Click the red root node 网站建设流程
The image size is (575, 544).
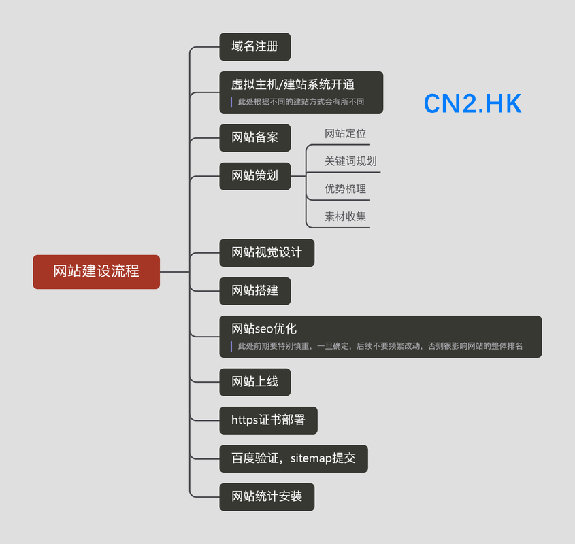97,271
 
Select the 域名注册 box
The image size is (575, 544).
255,46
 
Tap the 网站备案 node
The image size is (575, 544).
255,138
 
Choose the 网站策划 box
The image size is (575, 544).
255,176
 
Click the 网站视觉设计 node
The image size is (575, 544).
267,252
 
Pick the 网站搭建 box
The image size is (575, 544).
255,291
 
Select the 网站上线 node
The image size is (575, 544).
255,382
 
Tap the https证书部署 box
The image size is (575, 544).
268,420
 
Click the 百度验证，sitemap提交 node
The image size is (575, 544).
293,458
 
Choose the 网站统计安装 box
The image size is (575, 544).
267,497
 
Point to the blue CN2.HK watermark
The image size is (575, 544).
472,103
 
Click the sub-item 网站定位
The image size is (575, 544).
345,133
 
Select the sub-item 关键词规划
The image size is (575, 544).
350,161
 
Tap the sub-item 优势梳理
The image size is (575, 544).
345,189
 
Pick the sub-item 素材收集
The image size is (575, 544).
345,217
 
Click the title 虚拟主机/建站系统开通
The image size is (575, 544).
293,85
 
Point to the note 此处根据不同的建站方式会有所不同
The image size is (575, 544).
301,102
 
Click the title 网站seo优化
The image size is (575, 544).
263,329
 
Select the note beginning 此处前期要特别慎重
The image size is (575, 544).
380,346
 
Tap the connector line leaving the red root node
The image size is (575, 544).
175,272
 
